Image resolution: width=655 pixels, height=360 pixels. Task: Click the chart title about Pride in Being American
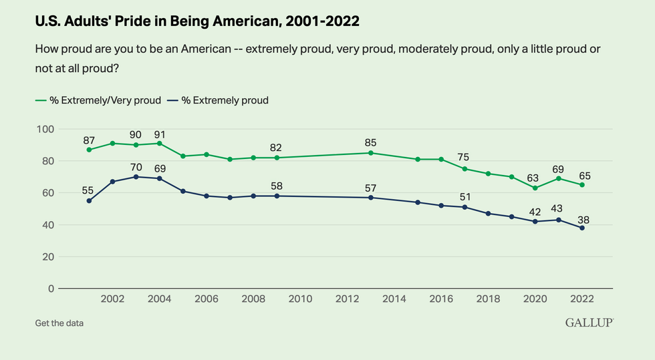(x=197, y=22)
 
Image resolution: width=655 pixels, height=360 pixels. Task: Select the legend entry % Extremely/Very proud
(x=98, y=100)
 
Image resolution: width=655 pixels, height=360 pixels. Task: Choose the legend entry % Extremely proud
(x=221, y=100)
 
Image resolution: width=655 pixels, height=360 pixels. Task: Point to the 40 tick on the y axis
(x=47, y=225)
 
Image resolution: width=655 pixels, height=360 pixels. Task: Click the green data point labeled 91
(x=159, y=143)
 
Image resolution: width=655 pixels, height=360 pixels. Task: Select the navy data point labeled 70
(x=136, y=177)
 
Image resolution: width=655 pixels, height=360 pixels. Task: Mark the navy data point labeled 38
(x=582, y=228)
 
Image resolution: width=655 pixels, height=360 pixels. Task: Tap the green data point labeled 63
(x=535, y=188)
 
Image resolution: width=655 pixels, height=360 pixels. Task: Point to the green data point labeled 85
(x=371, y=153)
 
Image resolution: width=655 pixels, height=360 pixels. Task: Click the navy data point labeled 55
(x=89, y=200)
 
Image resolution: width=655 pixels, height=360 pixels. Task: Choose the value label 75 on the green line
(x=463, y=158)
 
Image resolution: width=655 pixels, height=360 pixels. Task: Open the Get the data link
(x=59, y=323)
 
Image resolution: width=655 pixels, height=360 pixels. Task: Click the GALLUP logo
(x=589, y=323)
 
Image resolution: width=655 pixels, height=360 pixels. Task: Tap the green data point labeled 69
(x=558, y=178)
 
